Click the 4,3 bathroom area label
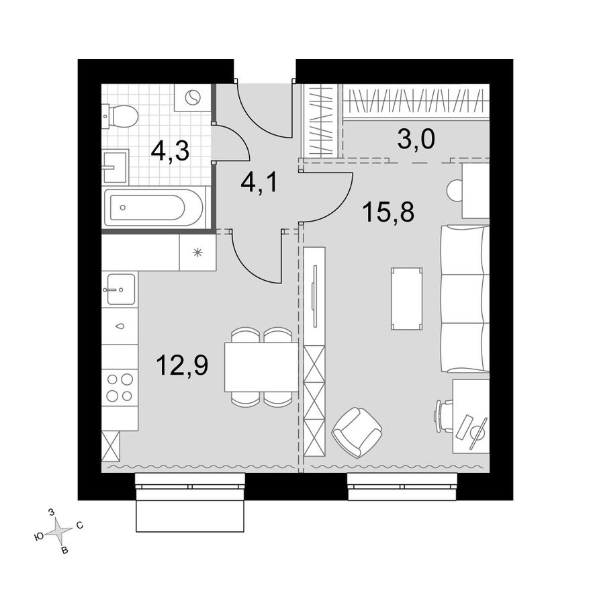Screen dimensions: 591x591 tap(170, 152)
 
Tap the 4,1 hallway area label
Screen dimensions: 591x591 tap(259, 183)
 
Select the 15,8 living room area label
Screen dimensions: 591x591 tap(388, 212)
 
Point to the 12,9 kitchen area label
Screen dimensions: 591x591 tap(183, 365)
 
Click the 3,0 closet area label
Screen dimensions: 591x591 tap(416, 139)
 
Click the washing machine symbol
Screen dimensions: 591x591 tap(193, 98)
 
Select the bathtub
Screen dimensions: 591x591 tap(154, 207)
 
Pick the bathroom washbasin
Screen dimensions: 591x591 tap(116, 167)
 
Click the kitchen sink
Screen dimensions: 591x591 tap(120, 289)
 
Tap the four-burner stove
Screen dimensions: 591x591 tap(120, 388)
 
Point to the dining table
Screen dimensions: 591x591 tap(261, 367)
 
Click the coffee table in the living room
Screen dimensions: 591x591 tap(407, 298)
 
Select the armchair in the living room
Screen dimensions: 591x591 tap(357, 433)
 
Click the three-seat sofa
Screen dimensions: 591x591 tap(465, 298)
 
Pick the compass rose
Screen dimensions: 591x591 tap(58, 531)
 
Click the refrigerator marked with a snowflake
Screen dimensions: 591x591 tap(197, 252)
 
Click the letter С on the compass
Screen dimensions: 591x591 tap(79, 525)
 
